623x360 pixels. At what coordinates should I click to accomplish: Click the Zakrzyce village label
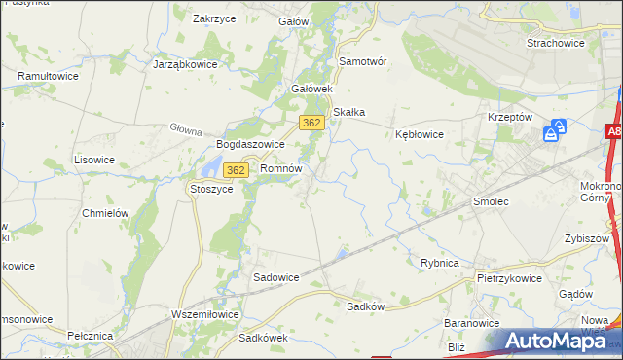point(216,18)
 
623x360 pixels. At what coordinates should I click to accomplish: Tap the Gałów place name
point(293,21)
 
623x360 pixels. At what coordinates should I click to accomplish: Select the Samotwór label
point(362,60)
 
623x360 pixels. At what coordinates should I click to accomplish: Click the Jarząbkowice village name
point(185,64)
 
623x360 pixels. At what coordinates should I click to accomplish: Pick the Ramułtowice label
point(48,75)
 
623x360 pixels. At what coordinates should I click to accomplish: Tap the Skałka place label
point(348,112)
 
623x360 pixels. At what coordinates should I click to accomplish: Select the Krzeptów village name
point(509,116)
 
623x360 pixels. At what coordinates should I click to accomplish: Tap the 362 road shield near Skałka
point(311,122)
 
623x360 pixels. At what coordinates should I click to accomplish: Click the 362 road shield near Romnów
point(235,170)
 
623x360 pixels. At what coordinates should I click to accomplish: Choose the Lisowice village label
point(94,159)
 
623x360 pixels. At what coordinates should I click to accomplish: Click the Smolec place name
point(491,201)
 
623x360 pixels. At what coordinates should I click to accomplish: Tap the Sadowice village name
point(276,277)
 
